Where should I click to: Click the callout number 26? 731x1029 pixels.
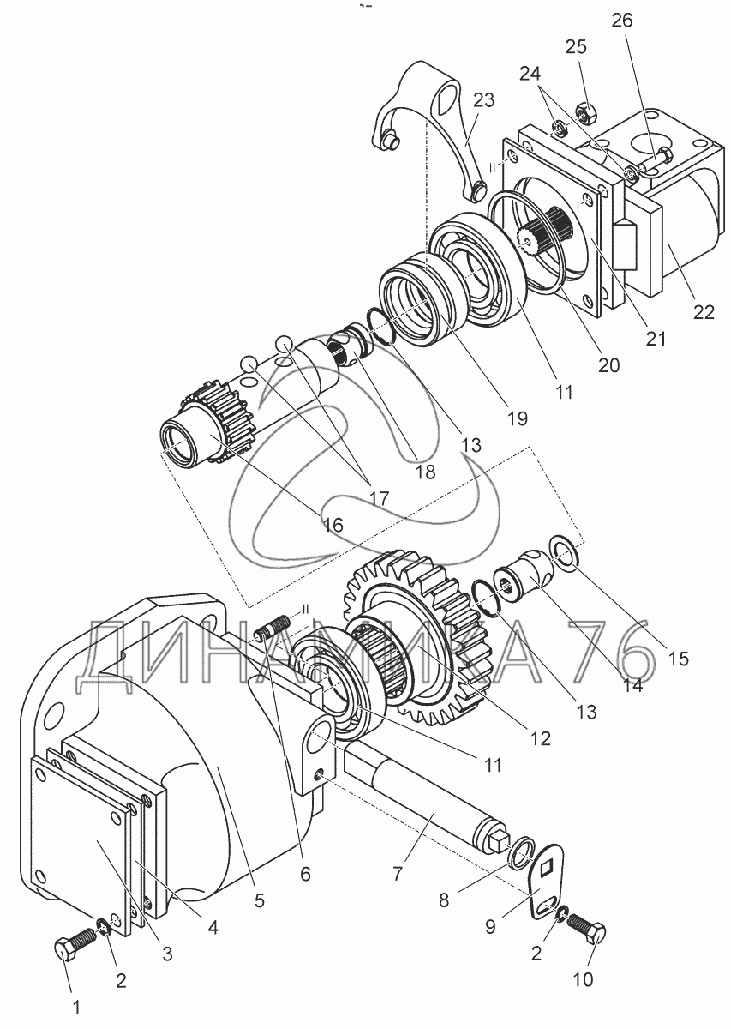pyautogui.click(x=621, y=21)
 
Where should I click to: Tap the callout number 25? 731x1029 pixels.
pyautogui.click(x=576, y=47)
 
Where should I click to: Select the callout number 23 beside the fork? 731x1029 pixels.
pyautogui.click(x=484, y=99)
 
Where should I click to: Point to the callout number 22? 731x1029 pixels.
pyautogui.click(x=704, y=312)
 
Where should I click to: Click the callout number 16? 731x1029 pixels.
pyautogui.click(x=333, y=525)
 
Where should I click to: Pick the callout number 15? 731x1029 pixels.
pyautogui.click(x=679, y=659)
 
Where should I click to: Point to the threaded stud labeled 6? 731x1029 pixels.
pyautogui.click(x=272, y=629)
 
